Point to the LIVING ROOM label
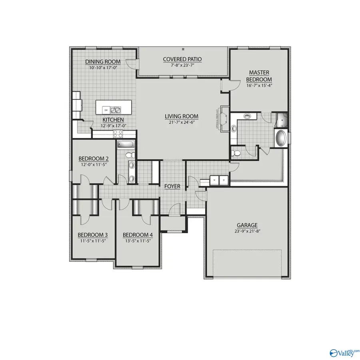click(x=182, y=117)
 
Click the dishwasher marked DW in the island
click(x=106, y=110)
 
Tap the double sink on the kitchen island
click(x=117, y=109)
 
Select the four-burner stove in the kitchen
click(x=118, y=134)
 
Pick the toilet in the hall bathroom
click(x=129, y=155)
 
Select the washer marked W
click(x=214, y=180)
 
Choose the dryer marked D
click(x=224, y=180)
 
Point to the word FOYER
click(x=172, y=186)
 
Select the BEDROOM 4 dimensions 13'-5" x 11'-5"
click(x=137, y=241)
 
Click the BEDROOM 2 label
click(x=94, y=158)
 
